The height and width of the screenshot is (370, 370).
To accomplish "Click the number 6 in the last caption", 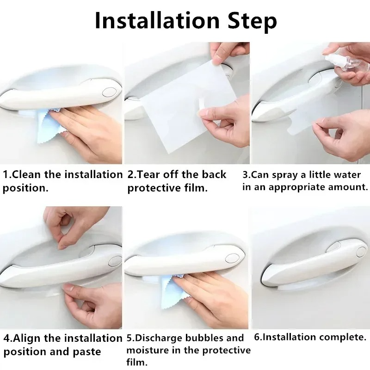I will coord(257,337).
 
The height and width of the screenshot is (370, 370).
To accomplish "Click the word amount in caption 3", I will coord(344,187).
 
